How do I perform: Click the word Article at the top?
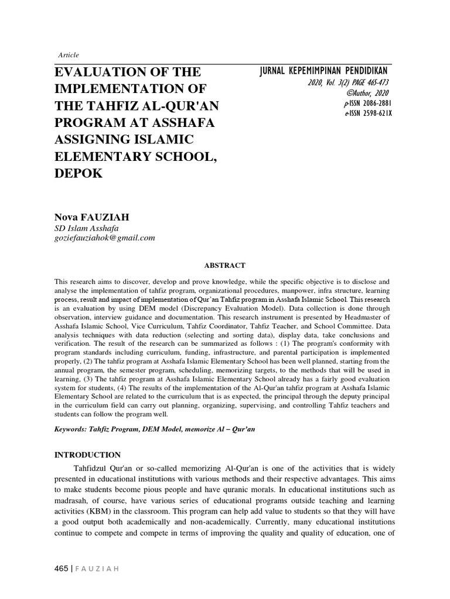(69, 55)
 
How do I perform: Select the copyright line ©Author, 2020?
(367, 93)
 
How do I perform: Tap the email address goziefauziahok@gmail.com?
(105, 237)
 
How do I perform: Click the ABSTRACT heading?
(225, 265)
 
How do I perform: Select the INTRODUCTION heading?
(87, 455)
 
